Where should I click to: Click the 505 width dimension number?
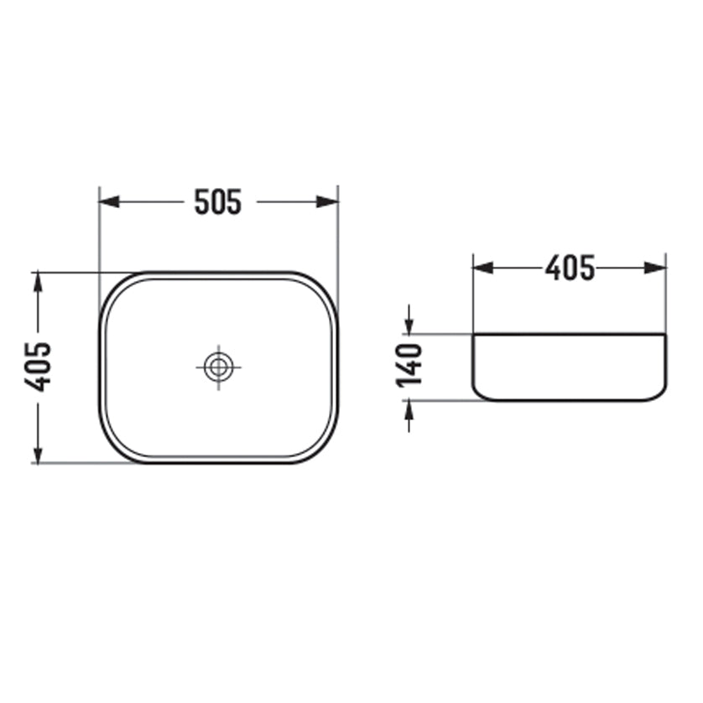click(218, 201)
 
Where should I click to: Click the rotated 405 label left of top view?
click(37, 367)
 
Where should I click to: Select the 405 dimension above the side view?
click(570, 268)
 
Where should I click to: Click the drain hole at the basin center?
click(218, 367)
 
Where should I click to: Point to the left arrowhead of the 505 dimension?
click(109, 201)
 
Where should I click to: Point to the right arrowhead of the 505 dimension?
click(328, 201)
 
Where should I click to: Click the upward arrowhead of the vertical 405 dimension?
click(38, 283)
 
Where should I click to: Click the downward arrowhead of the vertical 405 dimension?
click(38, 452)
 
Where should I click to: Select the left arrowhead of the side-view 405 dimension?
click(483, 268)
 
